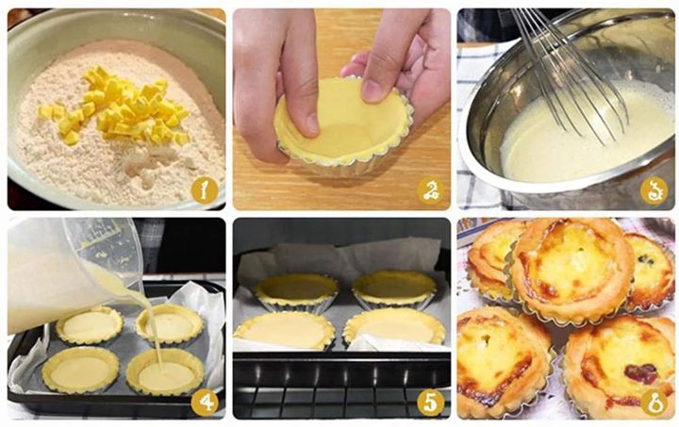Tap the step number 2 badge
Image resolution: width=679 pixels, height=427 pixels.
tap(432, 190)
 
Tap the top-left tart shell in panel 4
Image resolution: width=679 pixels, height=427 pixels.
tap(90, 325)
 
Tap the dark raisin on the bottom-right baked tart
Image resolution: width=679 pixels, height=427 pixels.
tap(641, 373)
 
